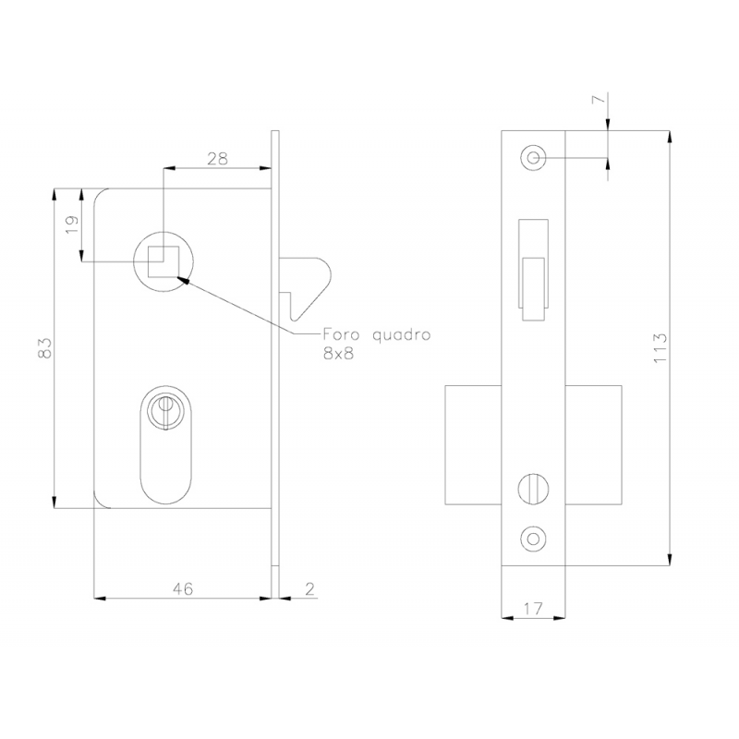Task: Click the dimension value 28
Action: [218, 159]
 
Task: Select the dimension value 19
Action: [71, 225]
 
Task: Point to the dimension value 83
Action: [44, 348]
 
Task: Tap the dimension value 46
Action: [183, 588]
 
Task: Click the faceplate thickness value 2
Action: [309, 588]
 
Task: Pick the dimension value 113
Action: [660, 348]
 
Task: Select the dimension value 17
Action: [533, 609]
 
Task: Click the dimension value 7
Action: [598, 99]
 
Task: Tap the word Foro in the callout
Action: [341, 334]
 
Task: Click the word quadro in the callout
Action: [402, 335]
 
